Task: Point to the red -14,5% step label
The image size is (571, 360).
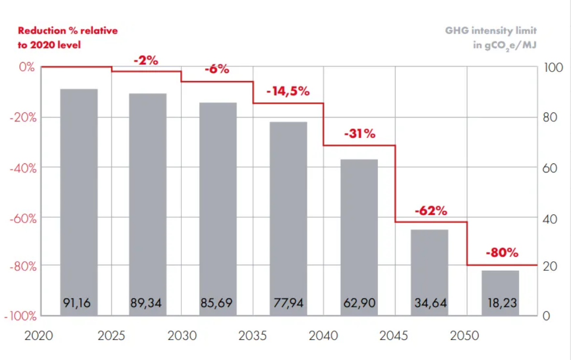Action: (288, 92)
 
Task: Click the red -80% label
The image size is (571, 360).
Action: (502, 253)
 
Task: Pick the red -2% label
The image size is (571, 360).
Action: (146, 61)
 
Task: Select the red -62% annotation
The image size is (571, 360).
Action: (431, 211)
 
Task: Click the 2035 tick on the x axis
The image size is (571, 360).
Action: (253, 335)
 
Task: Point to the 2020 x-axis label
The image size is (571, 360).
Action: (38, 335)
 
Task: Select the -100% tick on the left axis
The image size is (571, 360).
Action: (21, 316)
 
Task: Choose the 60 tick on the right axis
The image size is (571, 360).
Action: (550, 168)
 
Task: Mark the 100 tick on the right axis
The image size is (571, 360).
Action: (553, 68)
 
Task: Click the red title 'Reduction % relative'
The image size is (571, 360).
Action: (67, 31)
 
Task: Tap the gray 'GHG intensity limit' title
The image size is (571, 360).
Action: (491, 31)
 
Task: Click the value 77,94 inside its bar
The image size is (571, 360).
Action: (289, 303)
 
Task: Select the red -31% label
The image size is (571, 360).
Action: (360, 134)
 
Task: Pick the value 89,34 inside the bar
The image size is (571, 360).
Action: (147, 303)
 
